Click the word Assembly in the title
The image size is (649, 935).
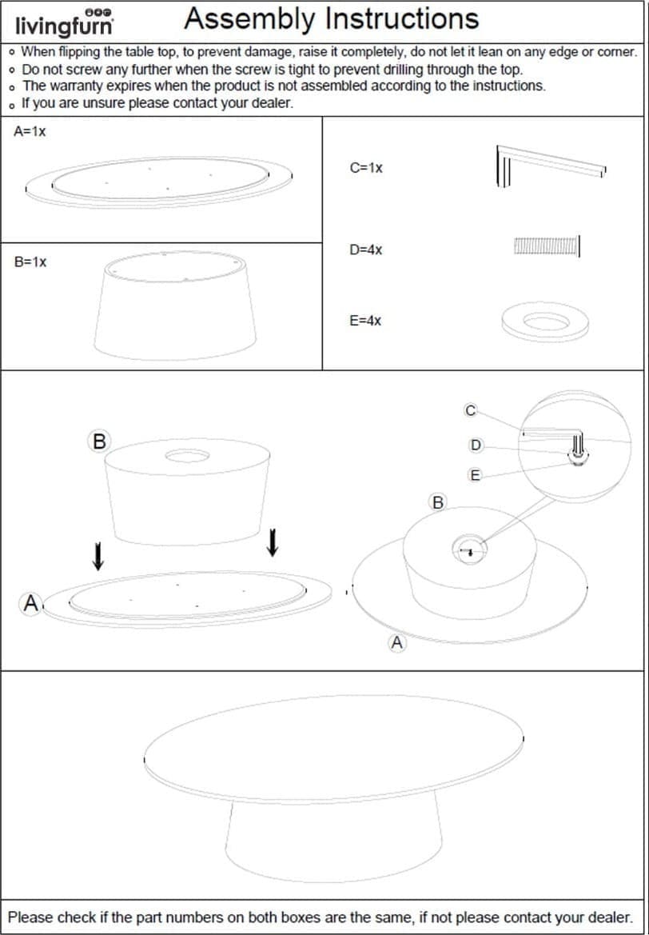pyautogui.click(x=250, y=19)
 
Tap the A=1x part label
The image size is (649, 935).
pyautogui.click(x=30, y=132)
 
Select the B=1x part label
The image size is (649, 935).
pyautogui.click(x=30, y=262)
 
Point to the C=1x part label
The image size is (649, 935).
pyautogui.click(x=366, y=168)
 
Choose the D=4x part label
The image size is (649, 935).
pyautogui.click(x=366, y=250)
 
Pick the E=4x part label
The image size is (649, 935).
pyautogui.click(x=365, y=321)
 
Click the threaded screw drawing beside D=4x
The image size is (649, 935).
pyautogui.click(x=547, y=246)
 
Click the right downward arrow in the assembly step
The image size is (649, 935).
pyautogui.click(x=273, y=542)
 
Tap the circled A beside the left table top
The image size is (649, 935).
pyautogui.click(x=31, y=605)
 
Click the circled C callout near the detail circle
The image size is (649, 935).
pyautogui.click(x=470, y=411)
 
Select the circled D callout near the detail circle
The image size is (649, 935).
pyautogui.click(x=476, y=446)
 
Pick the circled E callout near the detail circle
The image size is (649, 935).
pyautogui.click(x=475, y=475)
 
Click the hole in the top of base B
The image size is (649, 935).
pyautogui.click(x=187, y=457)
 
